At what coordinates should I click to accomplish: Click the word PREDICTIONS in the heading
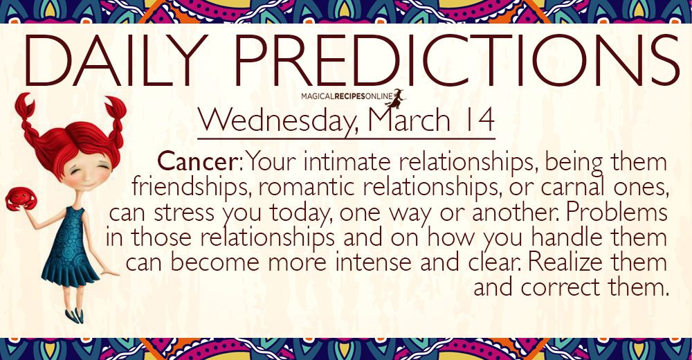pyautogui.click(x=455, y=60)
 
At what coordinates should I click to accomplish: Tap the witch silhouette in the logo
pyautogui.click(x=396, y=98)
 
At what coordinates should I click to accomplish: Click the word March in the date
pyautogui.click(x=409, y=120)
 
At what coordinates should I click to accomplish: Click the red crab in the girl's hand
pyautogui.click(x=21, y=199)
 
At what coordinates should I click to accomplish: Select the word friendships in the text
pyautogui.click(x=192, y=188)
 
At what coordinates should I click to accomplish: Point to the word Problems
pyautogui.click(x=617, y=213)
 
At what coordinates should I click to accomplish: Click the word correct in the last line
pyautogui.click(x=561, y=288)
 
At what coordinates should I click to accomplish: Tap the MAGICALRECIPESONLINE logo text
pyautogui.click(x=347, y=96)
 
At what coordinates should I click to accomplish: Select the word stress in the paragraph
pyautogui.click(x=185, y=213)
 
